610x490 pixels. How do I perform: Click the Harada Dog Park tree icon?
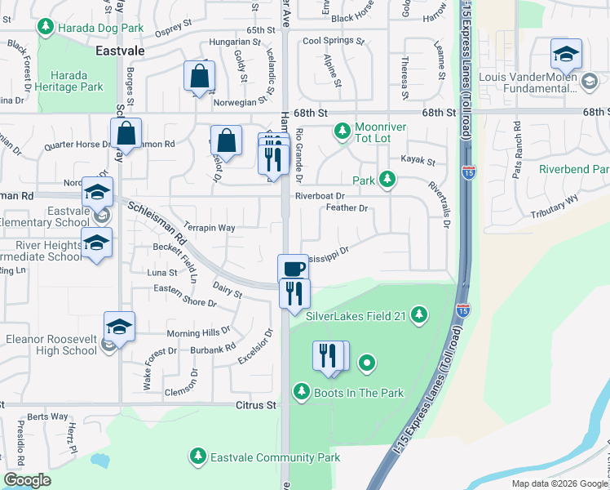click(46, 28)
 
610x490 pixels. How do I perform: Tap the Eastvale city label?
click(120, 51)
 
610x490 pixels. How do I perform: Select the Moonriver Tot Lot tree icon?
click(342, 130)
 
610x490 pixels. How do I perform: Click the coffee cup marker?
click(293, 267)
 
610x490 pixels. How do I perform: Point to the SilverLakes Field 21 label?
click(356, 314)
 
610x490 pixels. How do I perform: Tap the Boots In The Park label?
click(359, 393)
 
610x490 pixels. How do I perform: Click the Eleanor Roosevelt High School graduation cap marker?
click(119, 326)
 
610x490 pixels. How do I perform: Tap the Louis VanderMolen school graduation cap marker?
click(565, 54)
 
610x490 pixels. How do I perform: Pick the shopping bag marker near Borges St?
click(126, 132)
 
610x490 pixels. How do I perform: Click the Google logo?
click(27, 480)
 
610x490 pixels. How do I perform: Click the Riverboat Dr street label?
click(320, 196)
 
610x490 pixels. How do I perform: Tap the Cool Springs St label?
click(331, 40)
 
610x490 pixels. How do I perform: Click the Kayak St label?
click(418, 162)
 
